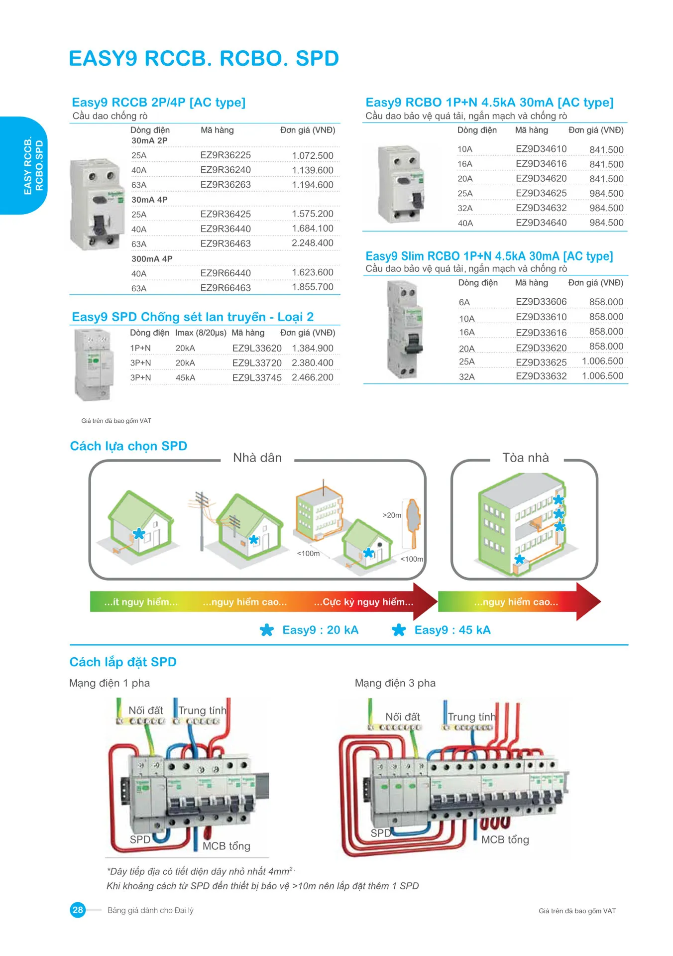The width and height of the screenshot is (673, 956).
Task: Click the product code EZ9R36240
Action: coord(225,170)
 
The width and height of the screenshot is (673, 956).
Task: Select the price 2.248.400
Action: coord(312,243)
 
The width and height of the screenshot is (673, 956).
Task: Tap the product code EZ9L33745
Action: coord(257,377)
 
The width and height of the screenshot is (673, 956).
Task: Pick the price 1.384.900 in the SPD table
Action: coord(312,348)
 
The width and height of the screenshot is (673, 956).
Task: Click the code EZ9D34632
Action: coord(541,208)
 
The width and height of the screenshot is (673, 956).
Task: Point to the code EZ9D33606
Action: coord(541,302)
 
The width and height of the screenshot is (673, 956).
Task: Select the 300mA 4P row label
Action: coord(152,259)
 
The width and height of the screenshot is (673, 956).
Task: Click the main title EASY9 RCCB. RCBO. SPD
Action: coord(204,58)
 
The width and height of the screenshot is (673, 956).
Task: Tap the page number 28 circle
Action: coord(78,910)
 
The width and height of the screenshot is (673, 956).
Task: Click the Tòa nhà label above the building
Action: coord(525,458)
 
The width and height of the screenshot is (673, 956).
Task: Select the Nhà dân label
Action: coord(257,458)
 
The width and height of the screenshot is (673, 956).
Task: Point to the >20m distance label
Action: coord(391,515)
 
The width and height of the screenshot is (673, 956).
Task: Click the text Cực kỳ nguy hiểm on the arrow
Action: coord(363,602)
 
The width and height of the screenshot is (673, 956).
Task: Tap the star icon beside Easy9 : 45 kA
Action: coord(399,630)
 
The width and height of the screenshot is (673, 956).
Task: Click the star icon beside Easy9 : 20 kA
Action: coord(267,630)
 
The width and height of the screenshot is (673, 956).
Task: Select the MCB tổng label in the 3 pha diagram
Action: coord(505,839)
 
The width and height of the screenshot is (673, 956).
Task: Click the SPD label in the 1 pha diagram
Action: coord(140,839)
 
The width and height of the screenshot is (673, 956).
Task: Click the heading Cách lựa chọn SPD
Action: coord(128,446)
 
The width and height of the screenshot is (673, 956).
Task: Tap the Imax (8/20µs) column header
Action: coord(201,333)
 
